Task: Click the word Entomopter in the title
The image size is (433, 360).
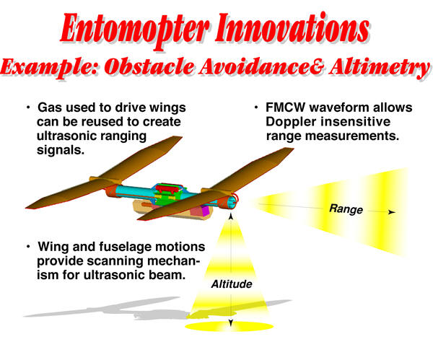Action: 134,30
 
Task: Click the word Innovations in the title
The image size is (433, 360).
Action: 292,27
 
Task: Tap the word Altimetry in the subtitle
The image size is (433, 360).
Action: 379,68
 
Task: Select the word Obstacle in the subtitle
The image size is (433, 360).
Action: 149,66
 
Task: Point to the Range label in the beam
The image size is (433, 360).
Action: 346,209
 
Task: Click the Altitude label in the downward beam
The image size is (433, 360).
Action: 232,284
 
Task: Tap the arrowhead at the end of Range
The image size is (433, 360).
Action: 392,212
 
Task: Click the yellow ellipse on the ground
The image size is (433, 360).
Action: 229,326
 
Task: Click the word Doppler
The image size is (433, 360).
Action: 287,122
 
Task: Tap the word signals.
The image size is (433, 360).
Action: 61,151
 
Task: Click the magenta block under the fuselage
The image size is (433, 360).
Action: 205,211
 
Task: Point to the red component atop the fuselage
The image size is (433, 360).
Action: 166,190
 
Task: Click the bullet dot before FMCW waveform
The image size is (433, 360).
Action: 256,107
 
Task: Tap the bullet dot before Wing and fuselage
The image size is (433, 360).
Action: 28,246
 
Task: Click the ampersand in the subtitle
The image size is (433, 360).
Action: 315,67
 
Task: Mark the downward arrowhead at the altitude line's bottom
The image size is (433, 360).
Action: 231,323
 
